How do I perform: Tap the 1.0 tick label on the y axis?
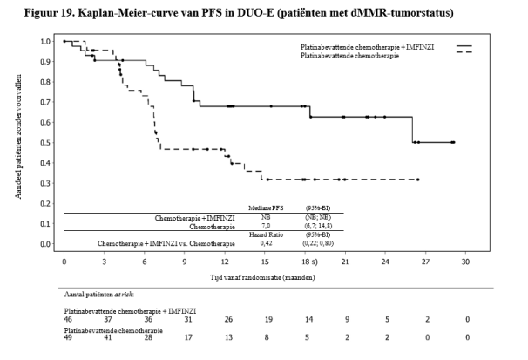click(x=43, y=41)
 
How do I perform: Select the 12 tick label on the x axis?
click(x=225, y=262)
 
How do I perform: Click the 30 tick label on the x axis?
click(x=466, y=262)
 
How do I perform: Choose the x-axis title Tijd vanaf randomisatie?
click(x=262, y=276)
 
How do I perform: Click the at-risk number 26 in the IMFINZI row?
click(x=227, y=319)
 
